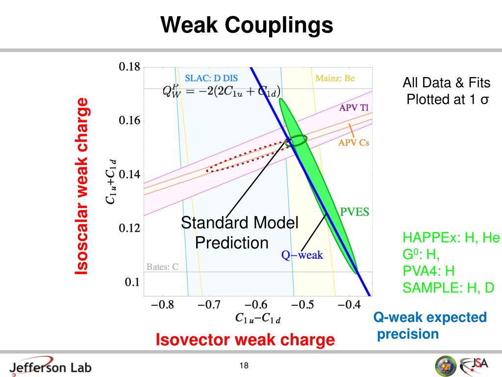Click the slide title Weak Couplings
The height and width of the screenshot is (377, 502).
click(247, 25)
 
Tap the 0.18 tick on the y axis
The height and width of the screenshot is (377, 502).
click(129, 67)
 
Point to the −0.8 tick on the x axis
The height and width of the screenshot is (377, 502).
click(162, 305)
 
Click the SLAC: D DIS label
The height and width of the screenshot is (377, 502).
click(211, 78)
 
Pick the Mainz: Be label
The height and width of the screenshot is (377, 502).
click(335, 78)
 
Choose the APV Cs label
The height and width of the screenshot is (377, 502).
click(353, 142)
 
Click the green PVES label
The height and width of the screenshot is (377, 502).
click(354, 212)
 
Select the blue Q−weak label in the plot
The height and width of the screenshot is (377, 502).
click(301, 255)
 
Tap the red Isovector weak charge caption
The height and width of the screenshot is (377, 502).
click(245, 339)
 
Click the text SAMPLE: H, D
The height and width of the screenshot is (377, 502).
click(449, 288)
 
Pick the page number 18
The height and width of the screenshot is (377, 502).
click(244, 365)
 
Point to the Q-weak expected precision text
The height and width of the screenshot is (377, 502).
click(430, 325)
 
